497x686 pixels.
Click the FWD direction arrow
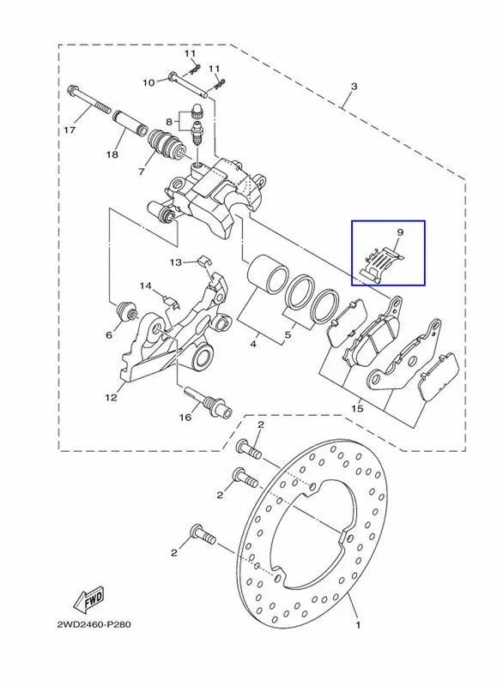click(88, 599)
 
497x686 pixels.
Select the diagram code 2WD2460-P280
click(94, 624)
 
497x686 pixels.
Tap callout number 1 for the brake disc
click(358, 625)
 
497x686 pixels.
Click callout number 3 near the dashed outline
click(354, 86)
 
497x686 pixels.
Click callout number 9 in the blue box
click(400, 232)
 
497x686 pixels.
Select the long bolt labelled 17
click(89, 99)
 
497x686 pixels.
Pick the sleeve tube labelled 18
click(130, 123)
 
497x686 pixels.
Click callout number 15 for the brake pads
click(357, 408)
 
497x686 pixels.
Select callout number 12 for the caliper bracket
click(112, 397)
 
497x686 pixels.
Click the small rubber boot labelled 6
click(127, 311)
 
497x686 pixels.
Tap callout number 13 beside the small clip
click(176, 262)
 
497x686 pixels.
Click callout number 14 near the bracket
click(146, 286)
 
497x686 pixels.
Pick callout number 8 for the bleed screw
click(169, 122)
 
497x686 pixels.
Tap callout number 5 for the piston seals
click(288, 335)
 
